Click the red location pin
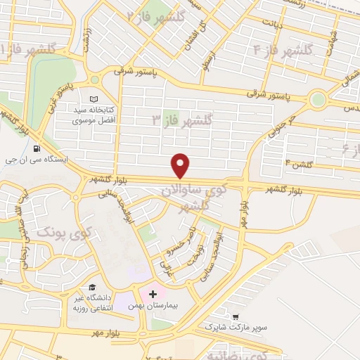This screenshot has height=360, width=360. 181,166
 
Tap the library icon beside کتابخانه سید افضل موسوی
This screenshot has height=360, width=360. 94,99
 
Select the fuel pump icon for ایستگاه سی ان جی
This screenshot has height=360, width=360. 36,148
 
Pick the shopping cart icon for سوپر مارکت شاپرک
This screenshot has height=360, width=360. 236,316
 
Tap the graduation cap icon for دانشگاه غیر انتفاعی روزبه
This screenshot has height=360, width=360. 91,287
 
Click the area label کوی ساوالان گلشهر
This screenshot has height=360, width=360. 193,198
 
